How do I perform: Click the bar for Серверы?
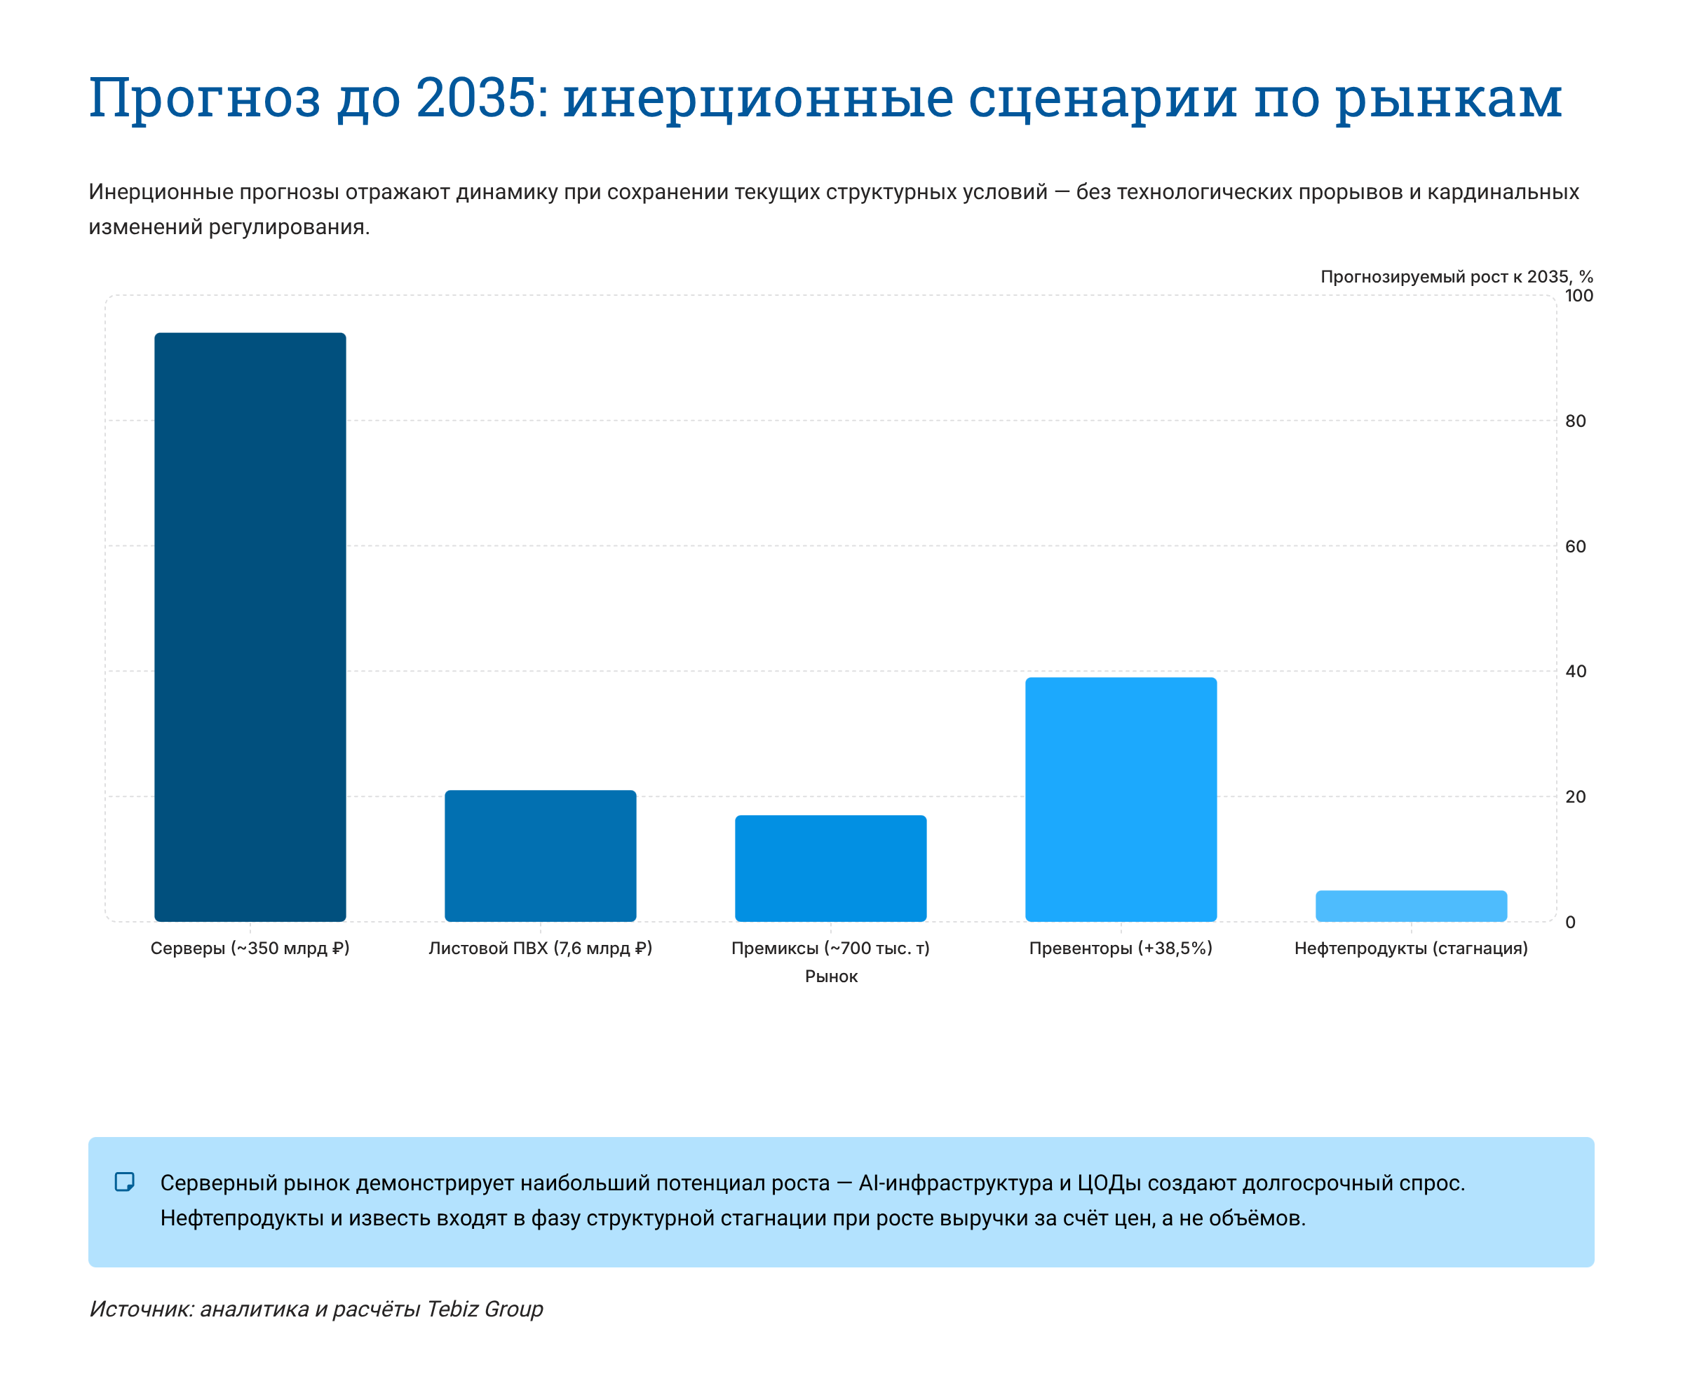[250, 626]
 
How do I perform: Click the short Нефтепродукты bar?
[1411, 906]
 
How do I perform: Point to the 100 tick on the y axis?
[1579, 296]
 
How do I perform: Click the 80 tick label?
[1575, 421]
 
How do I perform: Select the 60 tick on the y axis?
[1575, 547]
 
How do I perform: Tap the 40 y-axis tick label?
[1575, 672]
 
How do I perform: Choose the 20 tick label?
[1575, 797]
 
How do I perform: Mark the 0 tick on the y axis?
[1570, 923]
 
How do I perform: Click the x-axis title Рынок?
[831, 977]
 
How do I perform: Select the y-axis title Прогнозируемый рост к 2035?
[1456, 277]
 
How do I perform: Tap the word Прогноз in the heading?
[205, 99]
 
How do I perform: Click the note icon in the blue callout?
[125, 1182]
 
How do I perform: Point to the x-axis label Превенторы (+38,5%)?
[1121, 948]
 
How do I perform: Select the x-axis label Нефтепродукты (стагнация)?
[1411, 948]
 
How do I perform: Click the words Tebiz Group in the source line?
[485, 1309]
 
